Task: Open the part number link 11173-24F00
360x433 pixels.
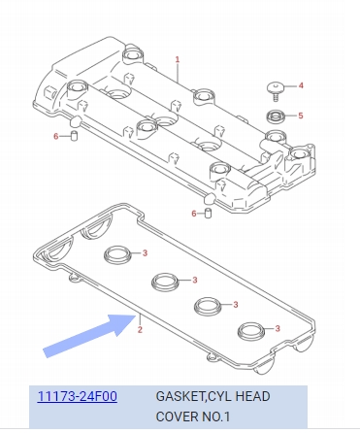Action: pyautogui.click(x=78, y=396)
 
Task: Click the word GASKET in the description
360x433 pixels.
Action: pyautogui.click(x=180, y=397)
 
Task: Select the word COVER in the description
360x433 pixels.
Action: pyautogui.click(x=177, y=416)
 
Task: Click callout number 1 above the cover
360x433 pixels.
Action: pyautogui.click(x=178, y=59)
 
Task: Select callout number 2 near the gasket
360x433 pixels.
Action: pyautogui.click(x=140, y=330)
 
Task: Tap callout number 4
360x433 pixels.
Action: pyautogui.click(x=301, y=85)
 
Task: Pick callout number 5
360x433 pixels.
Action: pyautogui.click(x=301, y=116)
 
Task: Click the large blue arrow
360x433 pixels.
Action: pyautogui.click(x=89, y=335)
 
